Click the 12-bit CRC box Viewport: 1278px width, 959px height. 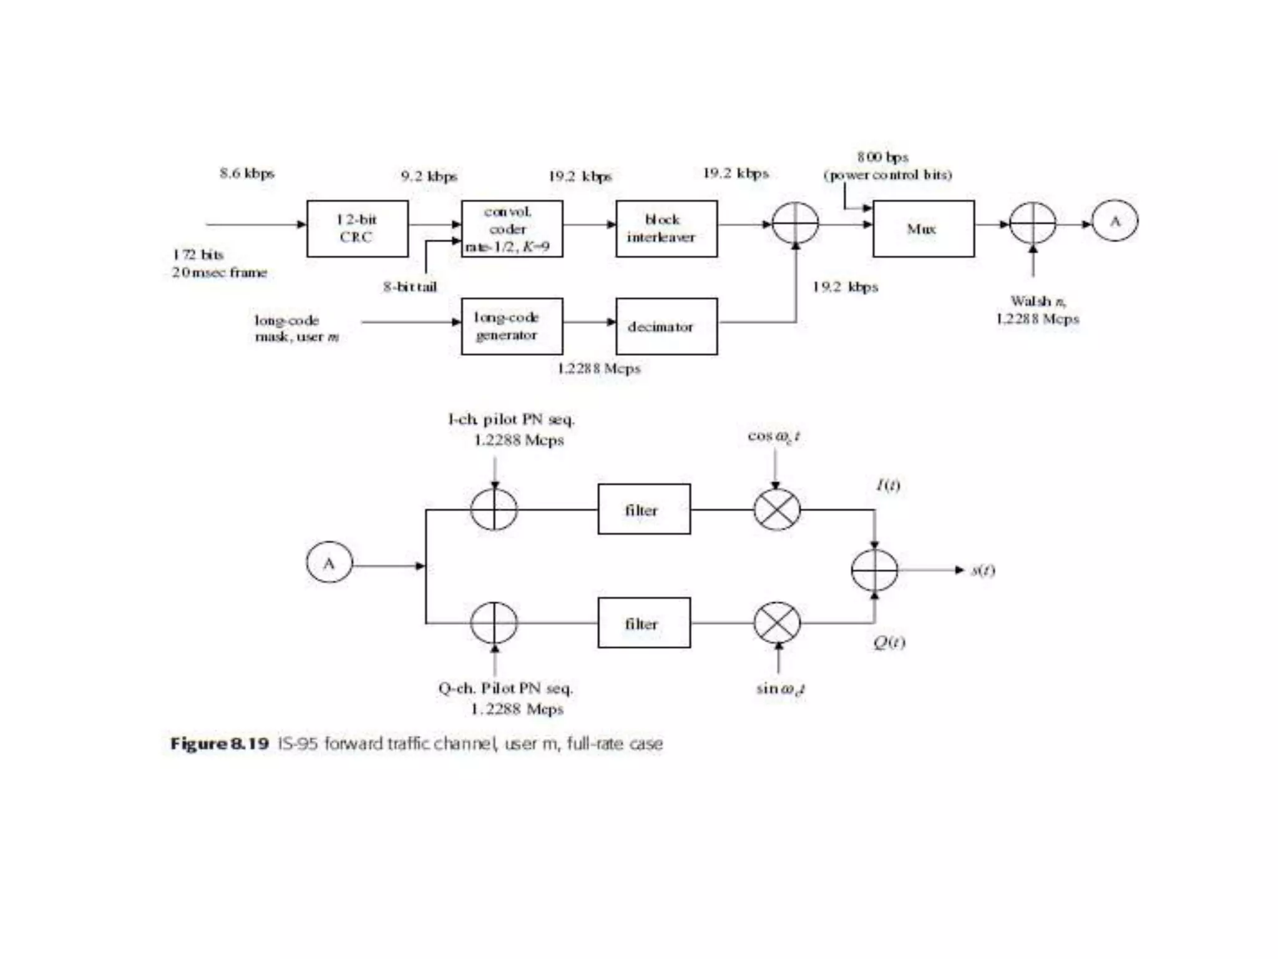[x=357, y=229]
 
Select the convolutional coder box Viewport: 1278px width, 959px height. [x=512, y=229]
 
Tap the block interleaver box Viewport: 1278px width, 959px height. [x=666, y=229]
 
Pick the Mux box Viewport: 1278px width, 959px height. [x=923, y=229]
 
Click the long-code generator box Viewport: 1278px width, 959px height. [x=512, y=327]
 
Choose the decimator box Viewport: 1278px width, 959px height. [x=666, y=327]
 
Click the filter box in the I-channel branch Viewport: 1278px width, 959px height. [x=644, y=509]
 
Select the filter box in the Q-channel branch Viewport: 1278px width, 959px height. [x=644, y=623]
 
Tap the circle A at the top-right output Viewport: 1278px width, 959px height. [x=1115, y=221]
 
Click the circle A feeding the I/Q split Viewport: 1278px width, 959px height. [x=329, y=563]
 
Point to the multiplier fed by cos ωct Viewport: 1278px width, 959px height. [x=777, y=509]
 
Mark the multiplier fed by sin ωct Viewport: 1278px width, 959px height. [x=777, y=623]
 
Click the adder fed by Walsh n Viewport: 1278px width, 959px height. [x=1033, y=223]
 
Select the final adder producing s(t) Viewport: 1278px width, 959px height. [x=874, y=569]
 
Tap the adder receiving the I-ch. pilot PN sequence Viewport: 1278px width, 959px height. [x=494, y=509]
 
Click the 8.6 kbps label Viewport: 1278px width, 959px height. [x=247, y=173]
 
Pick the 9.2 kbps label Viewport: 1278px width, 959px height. [x=429, y=177]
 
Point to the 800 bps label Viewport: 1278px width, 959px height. [x=882, y=157]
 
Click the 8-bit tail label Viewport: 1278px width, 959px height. [x=410, y=287]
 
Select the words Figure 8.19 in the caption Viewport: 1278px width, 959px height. [x=220, y=744]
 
